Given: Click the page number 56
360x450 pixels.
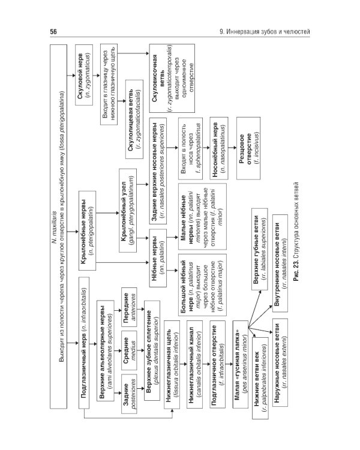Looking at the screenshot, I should (52, 31).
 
